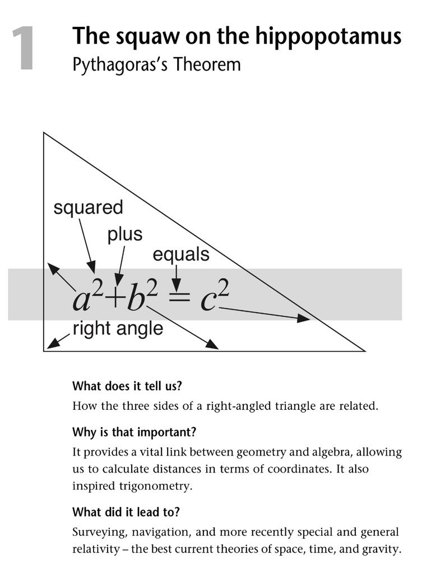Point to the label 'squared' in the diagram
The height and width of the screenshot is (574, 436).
coord(88,208)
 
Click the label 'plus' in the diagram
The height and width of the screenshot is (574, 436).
coord(125,234)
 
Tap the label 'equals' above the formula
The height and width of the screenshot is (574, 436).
coord(180,254)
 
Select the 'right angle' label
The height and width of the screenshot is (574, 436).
coord(118,328)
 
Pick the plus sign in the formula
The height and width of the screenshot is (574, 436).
coord(116,299)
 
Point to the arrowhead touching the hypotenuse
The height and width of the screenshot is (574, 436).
coord(303,318)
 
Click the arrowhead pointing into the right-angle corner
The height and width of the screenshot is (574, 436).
coord(52,344)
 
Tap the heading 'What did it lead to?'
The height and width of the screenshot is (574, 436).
coord(126,512)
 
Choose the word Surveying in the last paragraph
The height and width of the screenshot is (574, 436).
coord(97,531)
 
